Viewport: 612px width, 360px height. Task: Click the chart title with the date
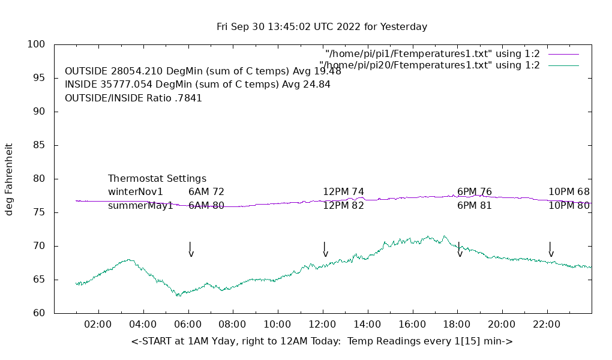322,27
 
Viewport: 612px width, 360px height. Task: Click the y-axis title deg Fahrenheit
10,179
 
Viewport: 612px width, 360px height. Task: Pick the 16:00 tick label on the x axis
412,325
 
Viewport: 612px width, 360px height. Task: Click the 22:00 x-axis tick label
547,325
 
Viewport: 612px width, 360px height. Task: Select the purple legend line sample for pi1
563,54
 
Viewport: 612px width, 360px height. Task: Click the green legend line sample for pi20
563,65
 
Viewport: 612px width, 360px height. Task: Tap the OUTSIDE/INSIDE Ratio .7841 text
133,98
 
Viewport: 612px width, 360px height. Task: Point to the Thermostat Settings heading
157,179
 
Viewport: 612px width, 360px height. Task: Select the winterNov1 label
136,192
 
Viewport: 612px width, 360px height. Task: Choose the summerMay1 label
140,206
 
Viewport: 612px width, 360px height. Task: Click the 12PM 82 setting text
343,206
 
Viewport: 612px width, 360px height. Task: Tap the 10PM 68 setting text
569,192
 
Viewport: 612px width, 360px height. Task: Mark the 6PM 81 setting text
474,206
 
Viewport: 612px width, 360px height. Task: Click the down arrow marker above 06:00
191,250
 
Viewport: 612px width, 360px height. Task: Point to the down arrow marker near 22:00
551,250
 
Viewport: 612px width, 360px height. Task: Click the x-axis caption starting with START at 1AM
322,341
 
